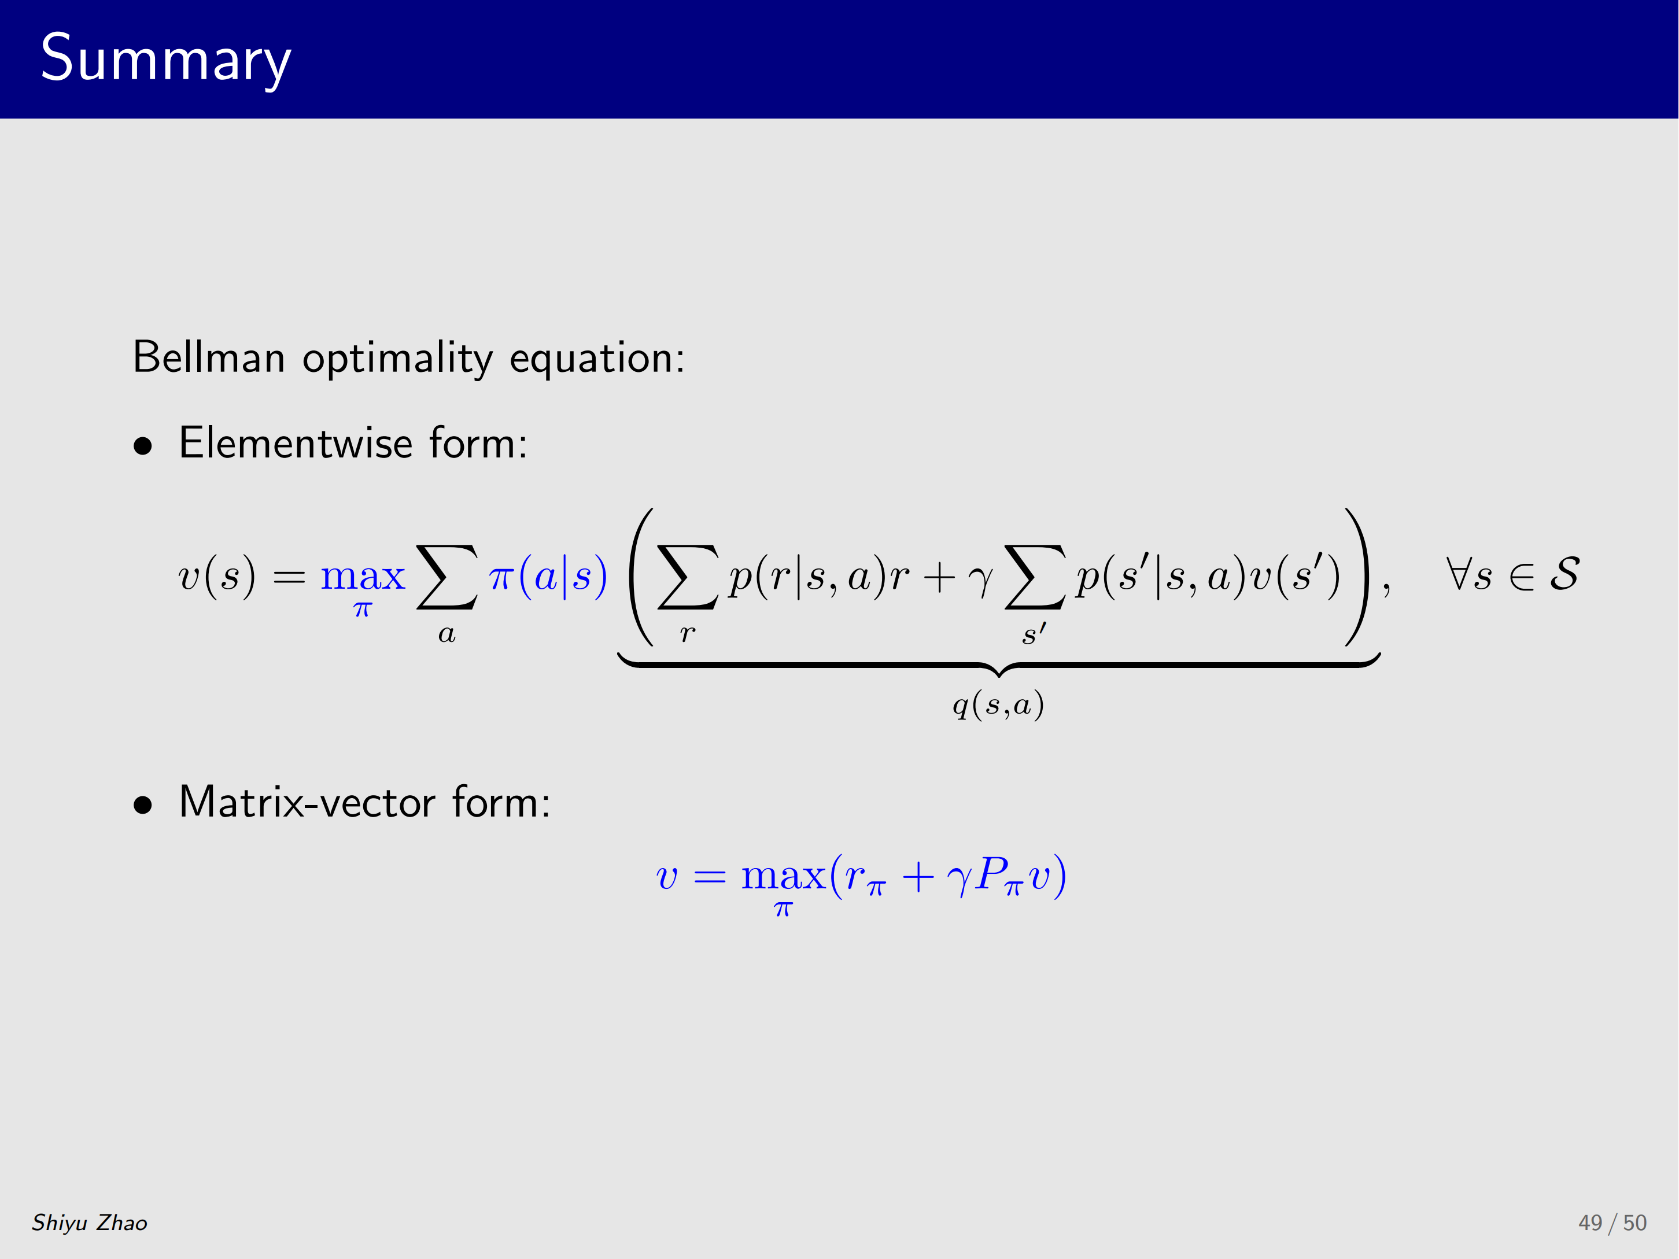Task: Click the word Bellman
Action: pyautogui.click(x=209, y=357)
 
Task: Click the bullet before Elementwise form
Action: pyautogui.click(x=143, y=446)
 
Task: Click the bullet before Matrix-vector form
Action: pyautogui.click(x=143, y=805)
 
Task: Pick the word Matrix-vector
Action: pyautogui.click(x=308, y=802)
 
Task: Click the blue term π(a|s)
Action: pyautogui.click(x=548, y=576)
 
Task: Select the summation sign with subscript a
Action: pyautogui.click(x=447, y=577)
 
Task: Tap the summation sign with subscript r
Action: pyautogui.click(x=688, y=577)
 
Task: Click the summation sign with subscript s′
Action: pyautogui.click(x=1035, y=577)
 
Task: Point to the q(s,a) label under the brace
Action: pyautogui.click(x=998, y=705)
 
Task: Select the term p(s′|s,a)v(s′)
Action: pyautogui.click(x=1208, y=576)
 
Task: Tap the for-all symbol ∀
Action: pyautogui.click(x=1458, y=574)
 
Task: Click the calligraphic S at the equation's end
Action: pyautogui.click(x=1564, y=574)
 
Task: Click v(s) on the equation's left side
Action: pyautogui.click(x=216, y=576)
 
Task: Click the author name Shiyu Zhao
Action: pyautogui.click(x=90, y=1223)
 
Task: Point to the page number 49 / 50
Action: pyautogui.click(x=1612, y=1223)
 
